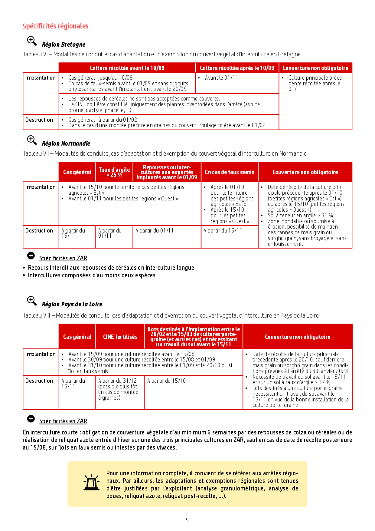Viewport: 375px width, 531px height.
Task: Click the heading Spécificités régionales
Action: pos(55,26)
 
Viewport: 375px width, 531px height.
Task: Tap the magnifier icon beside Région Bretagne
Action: pos(31,41)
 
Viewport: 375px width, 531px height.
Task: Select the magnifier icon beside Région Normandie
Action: pos(31,140)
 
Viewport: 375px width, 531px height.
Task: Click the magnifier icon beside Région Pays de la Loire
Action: pos(31,301)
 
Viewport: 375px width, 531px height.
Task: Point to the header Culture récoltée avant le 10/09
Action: pos(127,68)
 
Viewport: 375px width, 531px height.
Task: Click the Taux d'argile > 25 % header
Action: pos(114,172)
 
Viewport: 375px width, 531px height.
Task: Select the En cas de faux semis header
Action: pos(230,172)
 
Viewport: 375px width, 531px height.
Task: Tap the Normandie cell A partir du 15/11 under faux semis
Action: pos(223,231)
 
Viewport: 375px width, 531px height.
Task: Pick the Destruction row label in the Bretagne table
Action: pos(39,120)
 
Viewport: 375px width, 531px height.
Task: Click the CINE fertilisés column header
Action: pos(120,337)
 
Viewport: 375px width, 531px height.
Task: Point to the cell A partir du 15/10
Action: pos(166,381)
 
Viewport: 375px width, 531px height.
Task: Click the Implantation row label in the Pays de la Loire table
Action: pos(41,354)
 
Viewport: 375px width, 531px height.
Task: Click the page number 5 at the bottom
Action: pos(187,520)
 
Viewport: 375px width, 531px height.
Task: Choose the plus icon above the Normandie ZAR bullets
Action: pos(31,256)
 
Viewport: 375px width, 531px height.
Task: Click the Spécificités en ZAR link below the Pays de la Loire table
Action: pos(63,421)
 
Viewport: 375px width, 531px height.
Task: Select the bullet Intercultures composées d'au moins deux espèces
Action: pos(92,275)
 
